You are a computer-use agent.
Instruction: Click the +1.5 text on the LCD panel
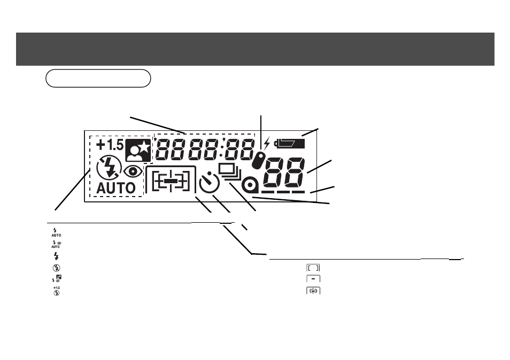[x=110, y=145]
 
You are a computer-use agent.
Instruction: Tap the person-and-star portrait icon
[x=138, y=151]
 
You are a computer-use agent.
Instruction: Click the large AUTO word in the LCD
[x=116, y=189]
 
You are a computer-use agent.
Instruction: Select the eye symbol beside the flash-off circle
[x=133, y=171]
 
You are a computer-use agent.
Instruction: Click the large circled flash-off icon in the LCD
[x=109, y=168]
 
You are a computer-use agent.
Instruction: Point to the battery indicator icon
[x=290, y=144]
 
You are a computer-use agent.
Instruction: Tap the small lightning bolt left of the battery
[x=267, y=143]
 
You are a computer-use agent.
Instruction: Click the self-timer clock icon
[x=209, y=183]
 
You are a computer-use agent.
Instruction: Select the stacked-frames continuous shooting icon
[x=230, y=172]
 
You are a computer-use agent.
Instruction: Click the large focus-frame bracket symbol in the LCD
[x=171, y=181]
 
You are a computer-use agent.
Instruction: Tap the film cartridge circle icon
[x=250, y=185]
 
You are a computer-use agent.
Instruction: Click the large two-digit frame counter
[x=284, y=173]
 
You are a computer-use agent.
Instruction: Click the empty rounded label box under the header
[x=98, y=79]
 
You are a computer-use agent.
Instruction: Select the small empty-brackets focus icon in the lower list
[x=313, y=268]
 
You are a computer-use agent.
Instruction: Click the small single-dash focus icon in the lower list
[x=313, y=279]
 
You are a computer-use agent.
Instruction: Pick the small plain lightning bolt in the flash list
[x=56, y=256]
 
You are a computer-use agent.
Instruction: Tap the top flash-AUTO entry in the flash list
[x=56, y=232]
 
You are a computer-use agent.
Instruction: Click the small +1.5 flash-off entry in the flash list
[x=57, y=291]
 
